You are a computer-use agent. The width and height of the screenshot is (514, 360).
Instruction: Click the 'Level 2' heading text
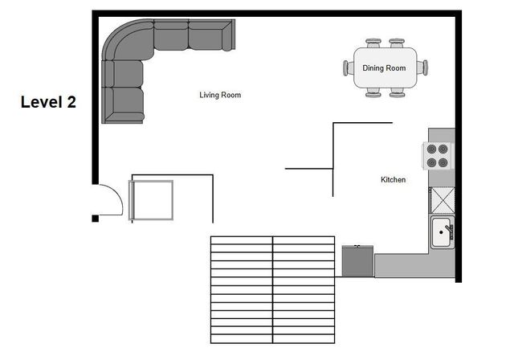pyautogui.click(x=48, y=102)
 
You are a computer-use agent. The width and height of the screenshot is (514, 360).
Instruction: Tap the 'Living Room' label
pyautogui.click(x=220, y=95)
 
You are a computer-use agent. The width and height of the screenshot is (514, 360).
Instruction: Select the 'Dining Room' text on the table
pyautogui.click(x=384, y=68)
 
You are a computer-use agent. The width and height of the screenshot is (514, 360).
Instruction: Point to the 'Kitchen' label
pyautogui.click(x=393, y=180)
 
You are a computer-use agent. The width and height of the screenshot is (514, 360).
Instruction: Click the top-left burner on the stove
pyautogui.click(x=432, y=149)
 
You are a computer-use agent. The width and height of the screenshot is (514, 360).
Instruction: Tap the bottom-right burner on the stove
pyautogui.click(x=443, y=161)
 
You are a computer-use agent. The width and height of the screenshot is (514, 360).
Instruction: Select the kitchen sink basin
pyautogui.click(x=441, y=233)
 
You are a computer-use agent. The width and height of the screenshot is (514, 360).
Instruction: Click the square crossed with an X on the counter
pyautogui.click(x=442, y=199)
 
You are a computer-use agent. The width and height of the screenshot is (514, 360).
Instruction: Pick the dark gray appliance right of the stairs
pyautogui.click(x=357, y=260)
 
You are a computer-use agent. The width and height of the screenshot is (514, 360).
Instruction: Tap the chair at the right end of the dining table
pyautogui.click(x=425, y=67)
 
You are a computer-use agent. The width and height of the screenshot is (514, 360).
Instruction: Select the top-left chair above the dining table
pyautogui.click(x=373, y=43)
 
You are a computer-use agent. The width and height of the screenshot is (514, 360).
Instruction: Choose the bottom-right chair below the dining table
pyautogui.click(x=397, y=93)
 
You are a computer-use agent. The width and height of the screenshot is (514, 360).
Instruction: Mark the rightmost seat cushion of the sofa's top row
pyautogui.click(x=210, y=35)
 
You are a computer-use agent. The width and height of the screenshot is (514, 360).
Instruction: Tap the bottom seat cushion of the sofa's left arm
pyautogui.click(x=127, y=104)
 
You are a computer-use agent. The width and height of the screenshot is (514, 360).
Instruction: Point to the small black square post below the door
pyautogui.click(x=95, y=218)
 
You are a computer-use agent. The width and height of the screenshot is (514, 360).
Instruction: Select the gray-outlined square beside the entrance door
pyautogui.click(x=151, y=199)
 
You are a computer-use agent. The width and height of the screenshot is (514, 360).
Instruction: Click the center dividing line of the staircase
pyautogui.click(x=273, y=289)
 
